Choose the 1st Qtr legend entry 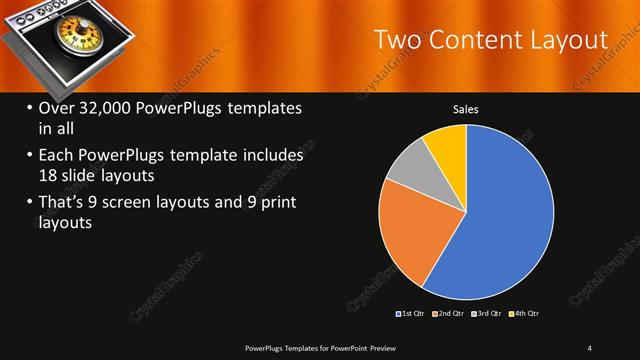pos(412,314)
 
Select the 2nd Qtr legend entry pos(449,314)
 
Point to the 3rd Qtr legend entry pos(487,314)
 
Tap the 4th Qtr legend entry pos(524,314)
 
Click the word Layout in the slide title pos(567,40)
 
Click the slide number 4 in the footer pos(589,347)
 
